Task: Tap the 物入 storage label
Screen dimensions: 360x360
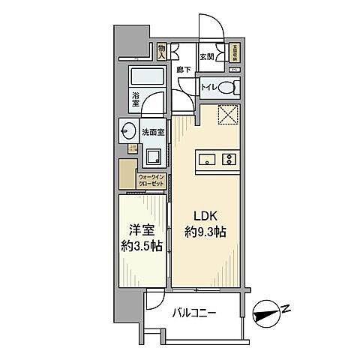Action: (162, 52)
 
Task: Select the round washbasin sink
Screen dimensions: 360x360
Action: (125, 131)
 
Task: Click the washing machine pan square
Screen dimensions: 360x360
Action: (153, 157)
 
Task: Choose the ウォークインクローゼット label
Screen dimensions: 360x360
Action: (153, 181)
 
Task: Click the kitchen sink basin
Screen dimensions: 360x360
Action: (208, 158)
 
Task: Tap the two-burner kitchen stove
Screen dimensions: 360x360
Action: (228, 158)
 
